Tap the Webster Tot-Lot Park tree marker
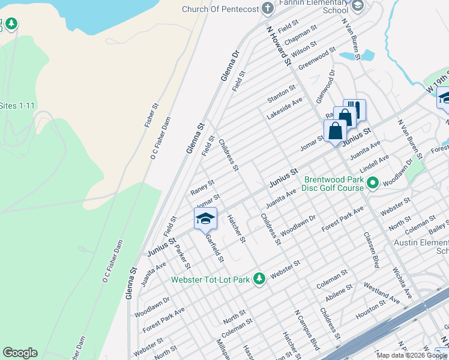pyautogui.click(x=259, y=278)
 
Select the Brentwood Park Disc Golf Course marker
pyautogui.click(x=372, y=182)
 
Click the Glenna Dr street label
pyautogui.click(x=230, y=65)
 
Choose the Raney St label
pyautogui.click(x=202, y=187)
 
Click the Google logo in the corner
pyautogui.click(x=20, y=353)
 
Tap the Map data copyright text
pyautogui.click(x=412, y=355)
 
